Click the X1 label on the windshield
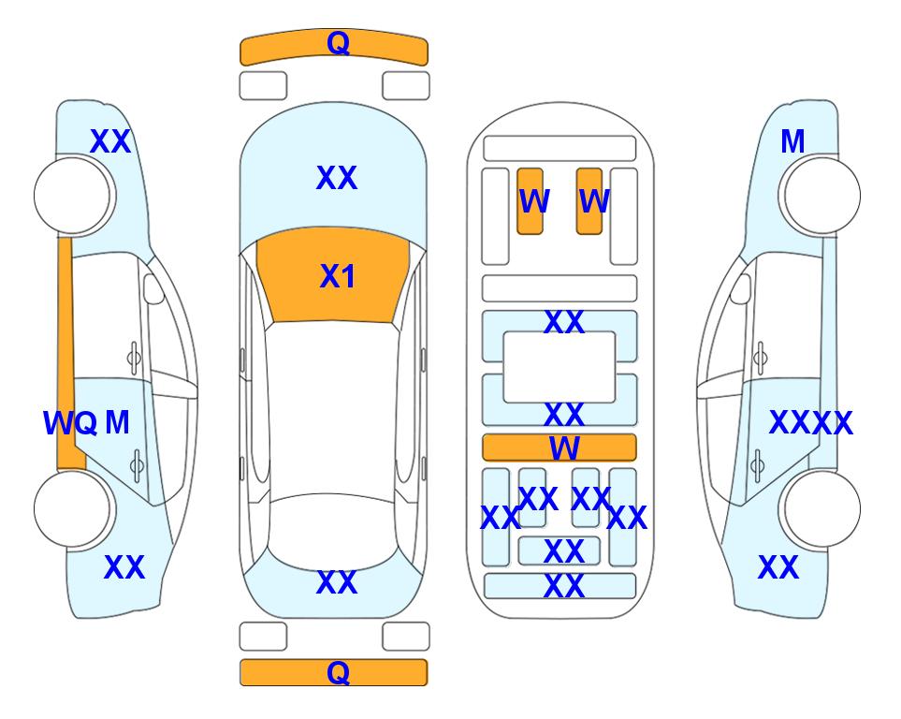click(338, 276)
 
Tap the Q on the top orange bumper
click(339, 42)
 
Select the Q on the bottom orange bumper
click(339, 672)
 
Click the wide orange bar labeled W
click(559, 448)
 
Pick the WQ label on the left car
click(70, 423)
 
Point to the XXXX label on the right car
click(811, 423)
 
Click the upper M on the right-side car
click(792, 141)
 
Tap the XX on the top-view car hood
click(337, 178)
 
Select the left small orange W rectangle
click(530, 201)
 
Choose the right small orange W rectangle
click(589, 201)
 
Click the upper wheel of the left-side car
click(73, 196)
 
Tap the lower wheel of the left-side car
click(73, 508)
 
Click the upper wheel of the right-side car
click(821, 196)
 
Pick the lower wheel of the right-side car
click(821, 508)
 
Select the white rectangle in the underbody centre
click(559, 367)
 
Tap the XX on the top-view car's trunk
click(337, 582)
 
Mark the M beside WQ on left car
click(117, 423)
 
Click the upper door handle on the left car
click(134, 358)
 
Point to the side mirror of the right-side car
click(740, 288)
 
